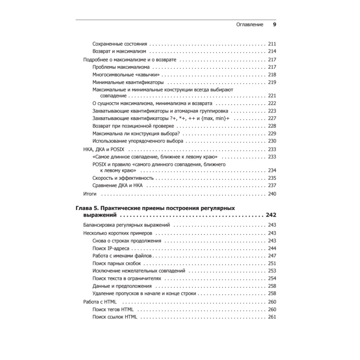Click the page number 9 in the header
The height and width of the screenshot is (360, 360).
pos(274,25)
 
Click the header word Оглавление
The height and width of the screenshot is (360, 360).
pos(249,25)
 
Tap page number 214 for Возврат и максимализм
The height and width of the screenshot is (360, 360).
pos(272,51)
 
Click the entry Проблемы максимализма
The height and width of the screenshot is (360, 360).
pos(121,67)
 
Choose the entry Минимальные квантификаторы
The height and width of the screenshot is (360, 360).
pos(126,82)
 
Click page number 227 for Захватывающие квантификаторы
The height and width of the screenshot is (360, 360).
pos(272,118)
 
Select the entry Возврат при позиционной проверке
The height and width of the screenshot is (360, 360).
pos(133,126)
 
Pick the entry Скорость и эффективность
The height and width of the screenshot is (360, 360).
pos(123,178)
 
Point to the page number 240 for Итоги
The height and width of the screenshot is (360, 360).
pos(272,194)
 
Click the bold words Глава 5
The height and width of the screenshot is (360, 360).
pos(87,208)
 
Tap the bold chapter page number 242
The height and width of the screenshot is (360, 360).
pos(271,216)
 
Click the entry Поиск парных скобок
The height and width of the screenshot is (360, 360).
pos(116,264)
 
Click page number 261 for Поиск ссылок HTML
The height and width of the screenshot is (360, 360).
pos(272,317)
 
